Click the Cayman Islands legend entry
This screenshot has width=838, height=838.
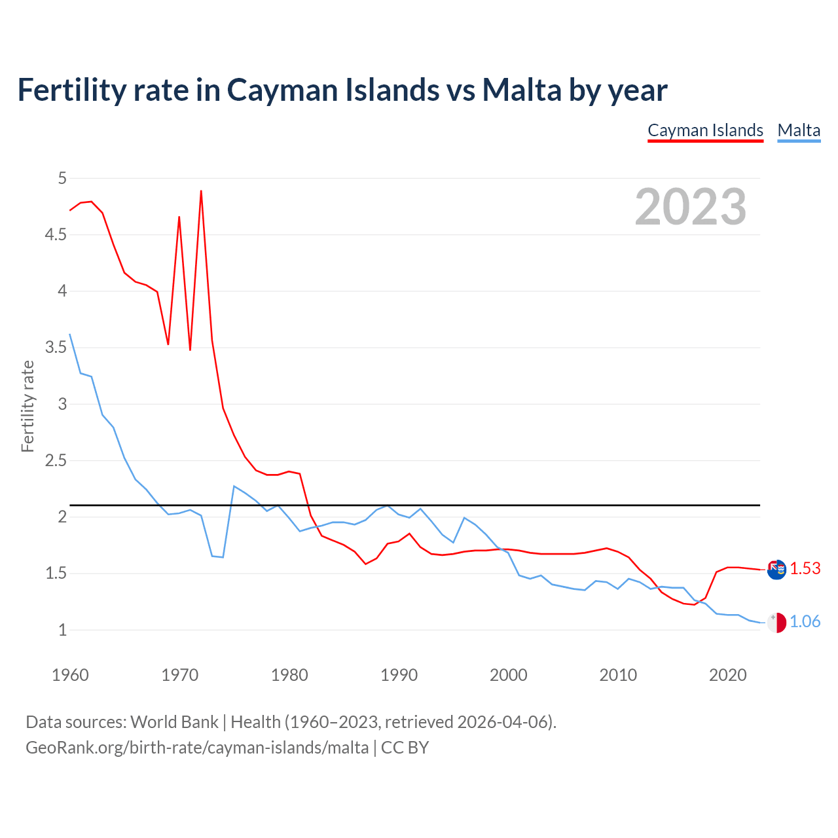[705, 130]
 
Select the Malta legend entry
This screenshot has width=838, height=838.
[799, 130]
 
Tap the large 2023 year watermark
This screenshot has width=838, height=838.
[691, 207]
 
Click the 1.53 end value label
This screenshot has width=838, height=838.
[805, 568]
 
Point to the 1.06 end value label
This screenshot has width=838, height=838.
[805, 621]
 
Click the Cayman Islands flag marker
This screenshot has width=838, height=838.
[776, 570]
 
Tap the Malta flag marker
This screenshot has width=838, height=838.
[776, 623]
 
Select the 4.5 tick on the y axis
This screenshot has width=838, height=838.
[56, 234]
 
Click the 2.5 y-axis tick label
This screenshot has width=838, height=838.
[56, 460]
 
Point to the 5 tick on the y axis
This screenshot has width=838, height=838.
[62, 178]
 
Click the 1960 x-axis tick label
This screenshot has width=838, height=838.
[70, 675]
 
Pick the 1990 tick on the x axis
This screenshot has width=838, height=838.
[399, 675]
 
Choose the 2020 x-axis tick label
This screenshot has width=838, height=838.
[727, 675]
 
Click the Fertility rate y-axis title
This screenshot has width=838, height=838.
[27, 406]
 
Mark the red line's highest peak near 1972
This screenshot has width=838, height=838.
[201, 191]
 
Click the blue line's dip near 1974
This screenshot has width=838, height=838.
[223, 557]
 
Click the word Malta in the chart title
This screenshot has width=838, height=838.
[522, 90]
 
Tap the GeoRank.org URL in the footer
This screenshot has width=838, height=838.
[196, 747]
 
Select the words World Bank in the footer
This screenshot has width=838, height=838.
[174, 721]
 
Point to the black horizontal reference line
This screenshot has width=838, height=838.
[458, 505]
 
